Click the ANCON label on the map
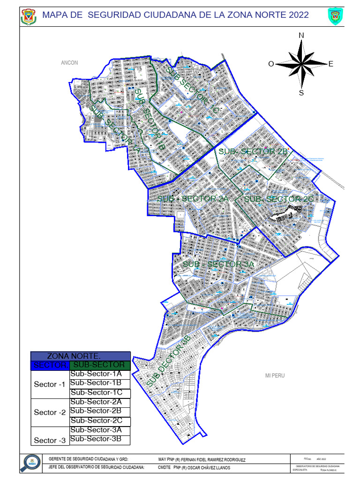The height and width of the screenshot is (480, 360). [x=69, y=63]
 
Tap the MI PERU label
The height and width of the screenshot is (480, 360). [x=275, y=375]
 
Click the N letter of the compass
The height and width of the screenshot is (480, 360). [x=301, y=36]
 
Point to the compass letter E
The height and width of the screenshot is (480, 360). [x=330, y=64]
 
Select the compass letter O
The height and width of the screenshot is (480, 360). [x=271, y=64]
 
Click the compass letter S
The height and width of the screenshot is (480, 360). [x=301, y=92]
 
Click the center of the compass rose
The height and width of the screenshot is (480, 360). [x=301, y=64]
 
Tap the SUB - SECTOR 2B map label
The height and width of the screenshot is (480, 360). [x=253, y=152]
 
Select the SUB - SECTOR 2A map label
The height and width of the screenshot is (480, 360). [x=193, y=199]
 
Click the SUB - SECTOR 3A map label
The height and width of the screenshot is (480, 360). [x=218, y=264]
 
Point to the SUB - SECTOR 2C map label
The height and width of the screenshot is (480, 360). [x=279, y=200]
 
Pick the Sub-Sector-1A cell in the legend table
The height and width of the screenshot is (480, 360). [x=96, y=374]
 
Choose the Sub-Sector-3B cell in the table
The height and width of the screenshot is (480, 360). [x=96, y=439]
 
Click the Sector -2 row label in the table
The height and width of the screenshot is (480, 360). [x=50, y=412]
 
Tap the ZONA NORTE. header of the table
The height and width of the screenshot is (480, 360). [x=80, y=356]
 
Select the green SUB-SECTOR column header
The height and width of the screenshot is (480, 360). [x=99, y=365]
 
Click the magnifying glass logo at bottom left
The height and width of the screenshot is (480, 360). [x=30, y=463]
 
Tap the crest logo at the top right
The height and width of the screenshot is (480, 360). [x=334, y=15]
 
